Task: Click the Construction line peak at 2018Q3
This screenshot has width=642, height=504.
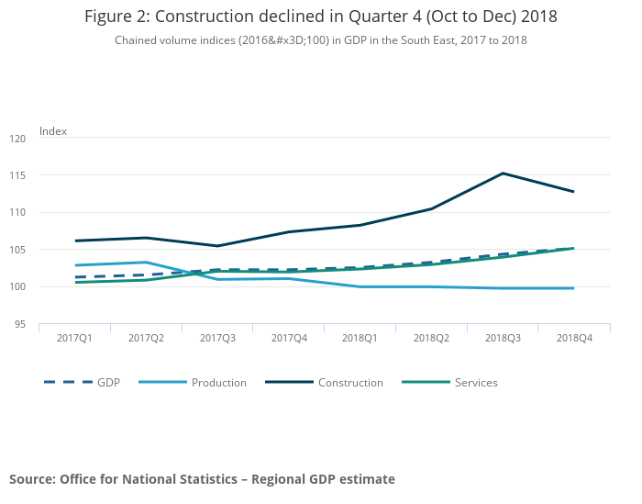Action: (503, 173)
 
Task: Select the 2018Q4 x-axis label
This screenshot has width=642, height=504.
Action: (573, 339)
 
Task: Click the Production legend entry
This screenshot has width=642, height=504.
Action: (218, 383)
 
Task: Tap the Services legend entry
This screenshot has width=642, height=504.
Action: (476, 383)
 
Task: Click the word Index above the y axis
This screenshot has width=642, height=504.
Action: (53, 131)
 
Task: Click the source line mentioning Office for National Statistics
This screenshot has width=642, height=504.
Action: (202, 479)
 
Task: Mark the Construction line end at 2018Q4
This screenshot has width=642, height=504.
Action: (573, 192)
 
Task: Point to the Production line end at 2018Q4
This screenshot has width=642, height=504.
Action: (573, 288)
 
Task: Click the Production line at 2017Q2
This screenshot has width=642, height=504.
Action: (146, 263)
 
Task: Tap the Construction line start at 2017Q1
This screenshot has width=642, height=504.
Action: (75, 241)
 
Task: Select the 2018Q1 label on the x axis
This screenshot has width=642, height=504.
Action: (360, 339)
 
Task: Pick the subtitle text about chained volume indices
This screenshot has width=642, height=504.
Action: (320, 40)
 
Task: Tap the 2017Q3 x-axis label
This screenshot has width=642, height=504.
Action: (216, 339)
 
